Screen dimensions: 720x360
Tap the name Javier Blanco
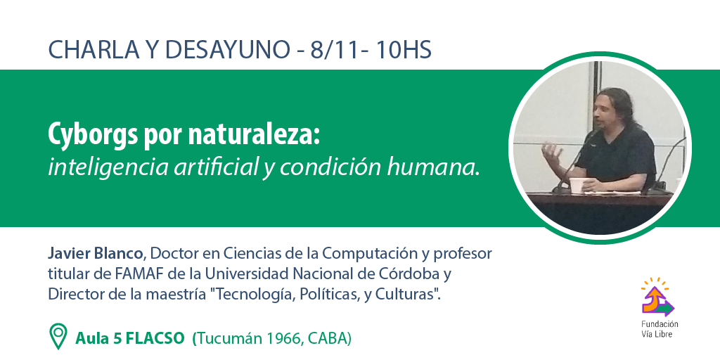point(96,253)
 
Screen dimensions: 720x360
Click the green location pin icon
point(58,336)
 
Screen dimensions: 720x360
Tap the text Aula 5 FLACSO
point(130,338)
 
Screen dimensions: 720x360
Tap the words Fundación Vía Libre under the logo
point(660,329)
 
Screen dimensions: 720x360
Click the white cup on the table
point(576,185)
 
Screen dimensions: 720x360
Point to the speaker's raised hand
point(551,152)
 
